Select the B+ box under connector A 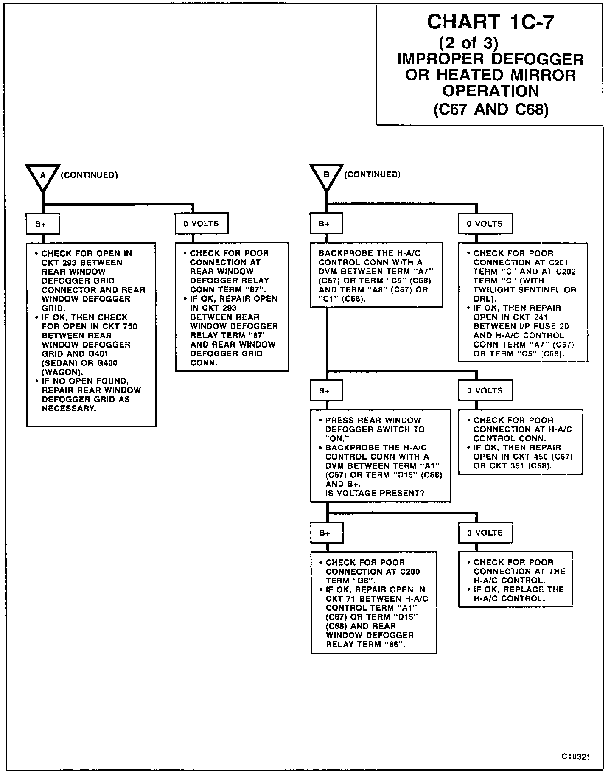42,224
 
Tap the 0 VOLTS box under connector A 202,224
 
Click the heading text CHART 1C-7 490,22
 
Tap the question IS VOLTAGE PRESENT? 375,493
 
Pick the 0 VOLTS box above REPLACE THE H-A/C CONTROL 485,533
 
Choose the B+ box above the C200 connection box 326,533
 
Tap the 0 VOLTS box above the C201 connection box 485,224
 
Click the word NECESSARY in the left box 69,408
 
